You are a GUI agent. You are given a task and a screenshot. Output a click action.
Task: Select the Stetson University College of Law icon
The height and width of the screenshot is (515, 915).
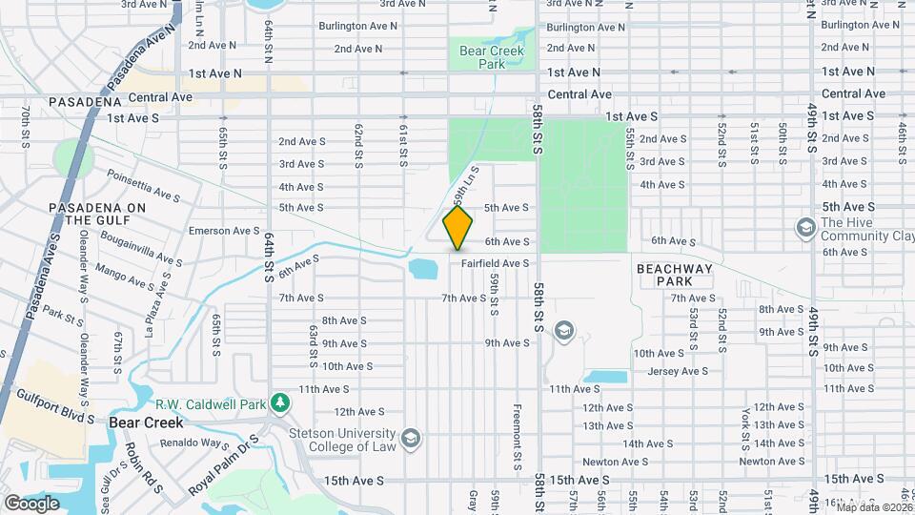tap(411, 438)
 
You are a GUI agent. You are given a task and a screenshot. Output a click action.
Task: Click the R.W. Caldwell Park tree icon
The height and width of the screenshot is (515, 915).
tap(280, 402)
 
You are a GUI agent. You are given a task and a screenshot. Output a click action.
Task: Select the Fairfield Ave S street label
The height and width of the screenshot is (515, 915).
tap(496, 262)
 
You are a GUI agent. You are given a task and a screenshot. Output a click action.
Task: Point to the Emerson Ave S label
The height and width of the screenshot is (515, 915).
tap(224, 230)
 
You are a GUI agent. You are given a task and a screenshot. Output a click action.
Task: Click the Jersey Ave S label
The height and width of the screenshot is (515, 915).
tap(678, 371)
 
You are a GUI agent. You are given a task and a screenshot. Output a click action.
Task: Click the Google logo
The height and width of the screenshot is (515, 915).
tap(31, 503)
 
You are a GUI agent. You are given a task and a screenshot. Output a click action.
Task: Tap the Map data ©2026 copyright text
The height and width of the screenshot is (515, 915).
tap(872, 506)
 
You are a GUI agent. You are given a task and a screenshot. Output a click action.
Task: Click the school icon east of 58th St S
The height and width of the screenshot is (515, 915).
tap(563, 330)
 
